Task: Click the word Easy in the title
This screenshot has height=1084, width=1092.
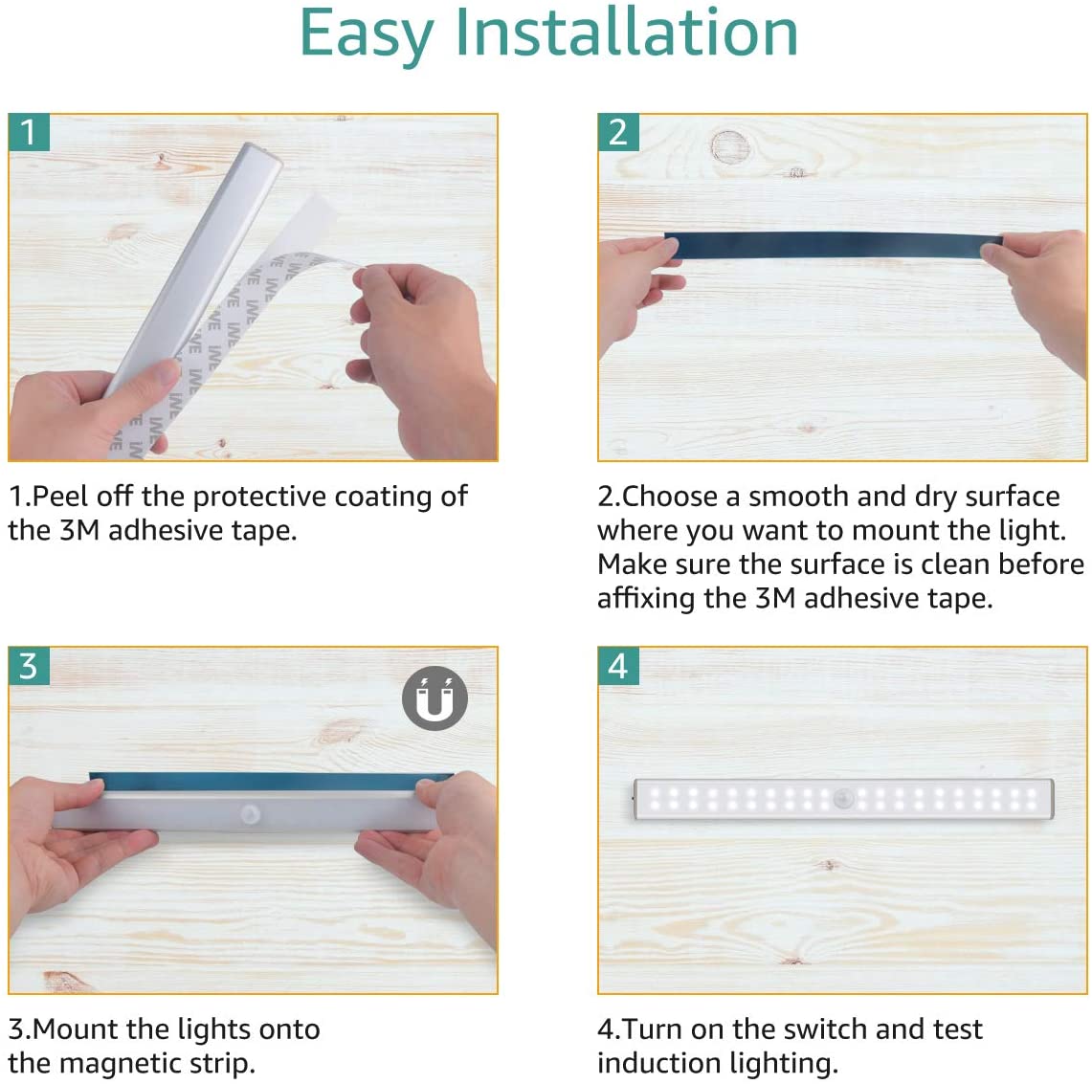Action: [x=367, y=34]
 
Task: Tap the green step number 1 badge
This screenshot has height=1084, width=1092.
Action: [x=29, y=132]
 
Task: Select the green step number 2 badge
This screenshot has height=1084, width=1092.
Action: [x=618, y=132]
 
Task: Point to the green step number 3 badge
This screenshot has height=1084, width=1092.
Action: [x=29, y=666]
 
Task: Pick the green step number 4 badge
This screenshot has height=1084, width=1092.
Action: [x=618, y=666]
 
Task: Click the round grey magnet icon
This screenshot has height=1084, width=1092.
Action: [x=435, y=697]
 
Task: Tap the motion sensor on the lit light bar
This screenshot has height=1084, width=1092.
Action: [x=844, y=799]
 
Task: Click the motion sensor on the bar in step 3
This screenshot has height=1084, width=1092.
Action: [x=250, y=814]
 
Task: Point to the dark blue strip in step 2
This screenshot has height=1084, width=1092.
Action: [x=833, y=245]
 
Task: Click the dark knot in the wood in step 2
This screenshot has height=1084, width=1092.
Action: [x=730, y=147]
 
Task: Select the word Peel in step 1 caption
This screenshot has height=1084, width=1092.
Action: [x=61, y=497]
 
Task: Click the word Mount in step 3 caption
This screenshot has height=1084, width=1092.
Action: [x=76, y=1029]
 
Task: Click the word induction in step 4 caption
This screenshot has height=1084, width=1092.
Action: [x=649, y=1063]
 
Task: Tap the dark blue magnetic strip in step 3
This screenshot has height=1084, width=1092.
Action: [x=271, y=781]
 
